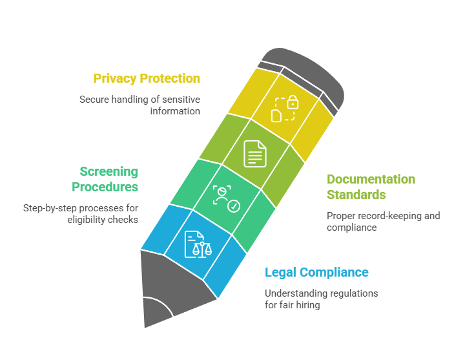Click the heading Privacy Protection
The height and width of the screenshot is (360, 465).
click(147, 79)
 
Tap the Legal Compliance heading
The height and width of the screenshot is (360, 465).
click(316, 273)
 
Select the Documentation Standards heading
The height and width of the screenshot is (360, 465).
click(371, 187)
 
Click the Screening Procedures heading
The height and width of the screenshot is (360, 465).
click(105, 179)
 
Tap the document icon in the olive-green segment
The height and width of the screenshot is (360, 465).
click(255, 154)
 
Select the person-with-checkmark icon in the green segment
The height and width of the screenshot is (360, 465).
click(226, 199)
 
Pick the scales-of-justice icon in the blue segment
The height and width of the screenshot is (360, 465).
click(198, 244)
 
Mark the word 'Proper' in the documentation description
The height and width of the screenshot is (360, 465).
click(336, 217)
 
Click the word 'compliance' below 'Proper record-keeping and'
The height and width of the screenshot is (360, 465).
click(352, 228)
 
